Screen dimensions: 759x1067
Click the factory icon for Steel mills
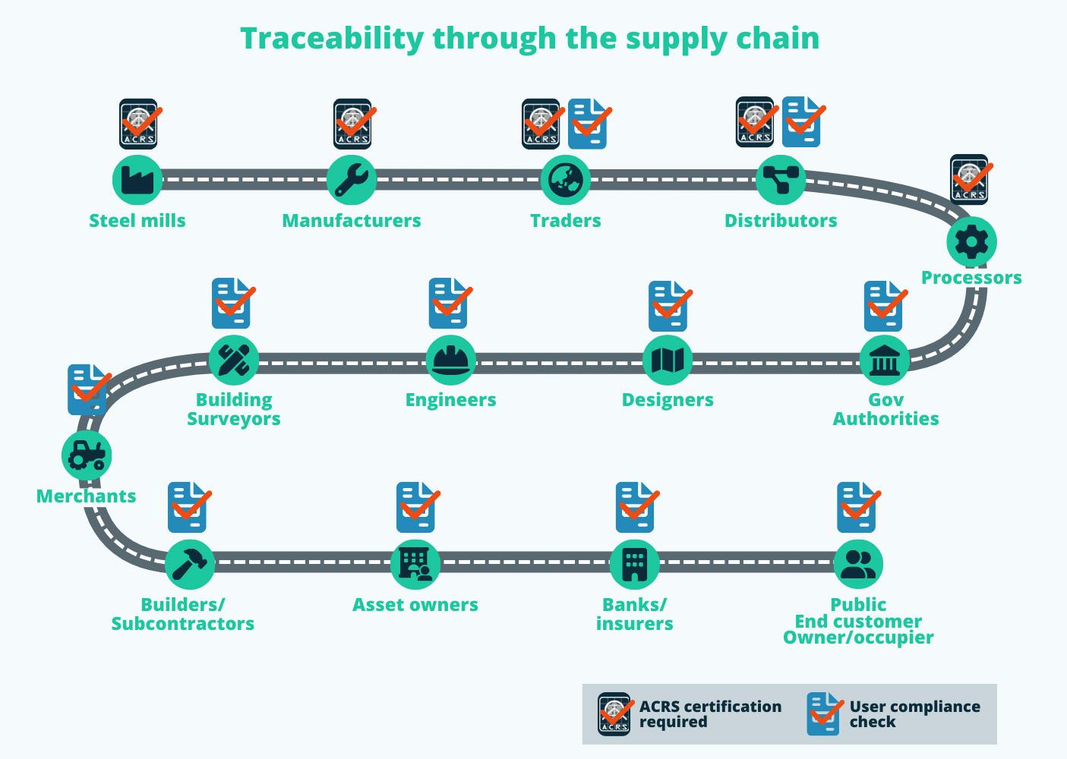pos(137,180)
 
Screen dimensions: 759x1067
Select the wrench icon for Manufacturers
pos(352,180)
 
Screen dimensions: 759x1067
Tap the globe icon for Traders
pos(565,180)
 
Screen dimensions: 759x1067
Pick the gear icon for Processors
pos(971,242)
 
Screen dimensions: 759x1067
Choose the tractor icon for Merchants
pos(87,455)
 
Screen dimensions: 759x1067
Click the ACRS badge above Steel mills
pos(139,124)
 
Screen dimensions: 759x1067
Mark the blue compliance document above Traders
pos(588,124)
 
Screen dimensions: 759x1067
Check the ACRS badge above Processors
pos(970,180)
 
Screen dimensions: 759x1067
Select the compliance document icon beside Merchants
pos(87,389)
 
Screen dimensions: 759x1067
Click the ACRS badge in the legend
pos(614,714)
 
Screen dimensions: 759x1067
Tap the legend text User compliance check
pos(914,714)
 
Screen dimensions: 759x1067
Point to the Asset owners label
pos(415,605)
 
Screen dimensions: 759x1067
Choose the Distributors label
pos(781,221)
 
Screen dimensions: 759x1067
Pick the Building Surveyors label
pos(234,409)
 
